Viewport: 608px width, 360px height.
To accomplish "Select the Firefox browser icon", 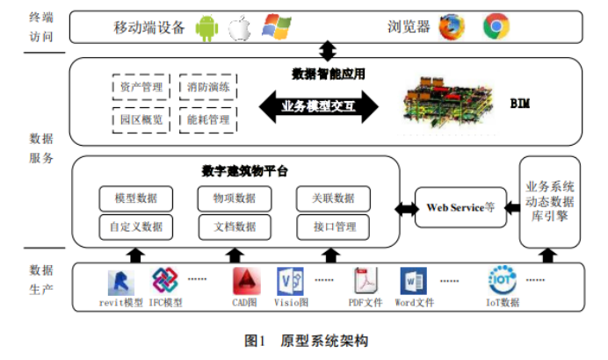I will click(452, 27).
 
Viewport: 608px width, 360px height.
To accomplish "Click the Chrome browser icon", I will click(496, 27).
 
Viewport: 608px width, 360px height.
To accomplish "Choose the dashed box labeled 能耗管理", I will click(206, 119).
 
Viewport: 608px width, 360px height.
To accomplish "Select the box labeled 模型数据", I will click(136, 198).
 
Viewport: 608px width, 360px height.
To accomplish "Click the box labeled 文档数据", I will click(234, 227).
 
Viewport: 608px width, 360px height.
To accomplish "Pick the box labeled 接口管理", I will click(335, 227).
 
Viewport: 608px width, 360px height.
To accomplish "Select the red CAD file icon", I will click(246, 281).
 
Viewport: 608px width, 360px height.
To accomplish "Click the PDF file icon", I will click(366, 281).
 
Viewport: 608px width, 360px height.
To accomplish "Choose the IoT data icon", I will click(502, 280).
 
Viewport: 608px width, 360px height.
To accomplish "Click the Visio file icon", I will click(290, 281).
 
